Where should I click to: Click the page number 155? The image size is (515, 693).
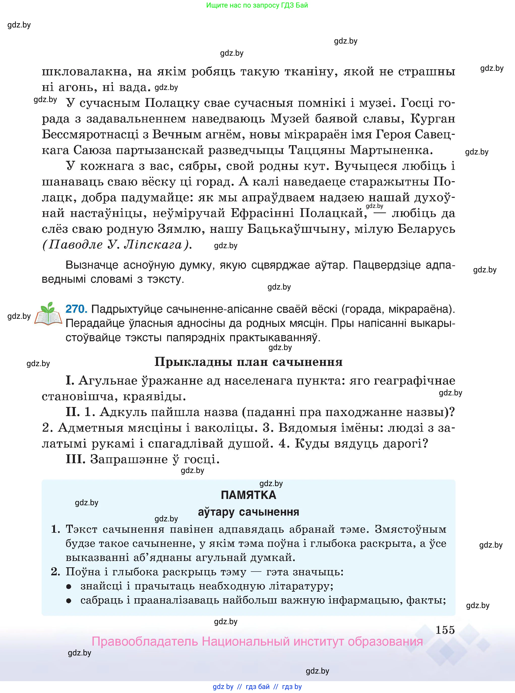click(x=445, y=630)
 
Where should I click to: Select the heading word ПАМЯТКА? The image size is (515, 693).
click(x=249, y=495)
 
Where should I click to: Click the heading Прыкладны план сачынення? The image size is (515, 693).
click(x=249, y=362)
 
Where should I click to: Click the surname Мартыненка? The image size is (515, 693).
click(x=391, y=150)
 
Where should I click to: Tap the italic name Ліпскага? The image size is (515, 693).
click(x=153, y=245)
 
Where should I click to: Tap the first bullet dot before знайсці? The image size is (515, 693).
click(x=69, y=587)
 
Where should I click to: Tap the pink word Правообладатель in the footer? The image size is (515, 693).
click(x=145, y=642)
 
